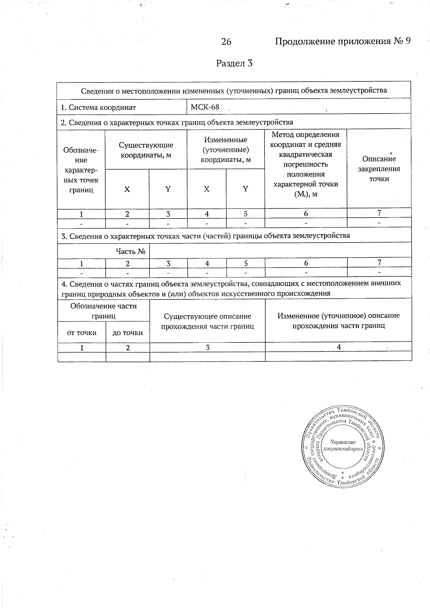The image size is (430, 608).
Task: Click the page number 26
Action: click(226, 42)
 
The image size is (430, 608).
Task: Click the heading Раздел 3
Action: click(234, 63)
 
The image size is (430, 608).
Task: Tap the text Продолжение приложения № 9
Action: click(342, 42)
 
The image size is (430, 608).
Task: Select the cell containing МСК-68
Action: click(205, 107)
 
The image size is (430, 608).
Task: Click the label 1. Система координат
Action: click(99, 107)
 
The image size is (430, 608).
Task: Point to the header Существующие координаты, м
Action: click(146, 150)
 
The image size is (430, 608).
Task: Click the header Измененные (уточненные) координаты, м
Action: click(225, 150)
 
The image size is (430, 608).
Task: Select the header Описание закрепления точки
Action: click(379, 169)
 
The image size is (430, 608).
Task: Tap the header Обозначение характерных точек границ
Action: click(81, 170)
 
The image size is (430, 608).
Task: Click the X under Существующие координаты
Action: click(127, 189)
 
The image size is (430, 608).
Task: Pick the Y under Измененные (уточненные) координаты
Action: click(245, 189)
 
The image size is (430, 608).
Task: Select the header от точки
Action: click(82, 333)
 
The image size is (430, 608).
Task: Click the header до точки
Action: click(128, 333)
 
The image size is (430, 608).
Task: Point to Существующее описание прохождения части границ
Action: click(207, 321)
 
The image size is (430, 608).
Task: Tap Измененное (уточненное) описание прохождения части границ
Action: click(338, 321)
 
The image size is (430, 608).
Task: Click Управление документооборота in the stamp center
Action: click(343, 445)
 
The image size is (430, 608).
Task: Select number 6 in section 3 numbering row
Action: click(306, 263)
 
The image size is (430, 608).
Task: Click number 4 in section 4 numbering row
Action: click(338, 347)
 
